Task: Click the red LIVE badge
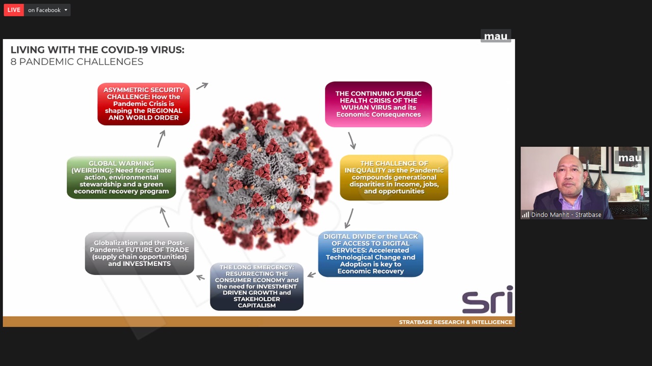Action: coord(14,10)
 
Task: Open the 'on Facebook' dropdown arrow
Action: coord(66,10)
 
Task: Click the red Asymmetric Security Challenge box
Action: coord(144,104)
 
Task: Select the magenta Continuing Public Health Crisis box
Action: coord(378,104)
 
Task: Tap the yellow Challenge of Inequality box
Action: coord(394,177)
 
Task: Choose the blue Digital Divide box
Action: coord(370,254)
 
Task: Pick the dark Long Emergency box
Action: coord(257,286)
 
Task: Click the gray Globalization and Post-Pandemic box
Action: coord(140,253)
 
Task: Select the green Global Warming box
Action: coord(121,177)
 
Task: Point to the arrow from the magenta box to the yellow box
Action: coord(352,141)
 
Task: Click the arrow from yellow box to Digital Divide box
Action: coord(349,218)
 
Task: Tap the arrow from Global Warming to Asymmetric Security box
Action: coord(161,139)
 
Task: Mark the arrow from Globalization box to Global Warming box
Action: coord(165,217)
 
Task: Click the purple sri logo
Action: coord(487,299)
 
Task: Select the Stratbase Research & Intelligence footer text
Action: coord(455,322)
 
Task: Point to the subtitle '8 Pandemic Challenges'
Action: coord(77,62)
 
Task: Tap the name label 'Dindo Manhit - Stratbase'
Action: coord(566,215)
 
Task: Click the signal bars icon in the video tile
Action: coord(525,215)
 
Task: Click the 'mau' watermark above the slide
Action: coord(496,36)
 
